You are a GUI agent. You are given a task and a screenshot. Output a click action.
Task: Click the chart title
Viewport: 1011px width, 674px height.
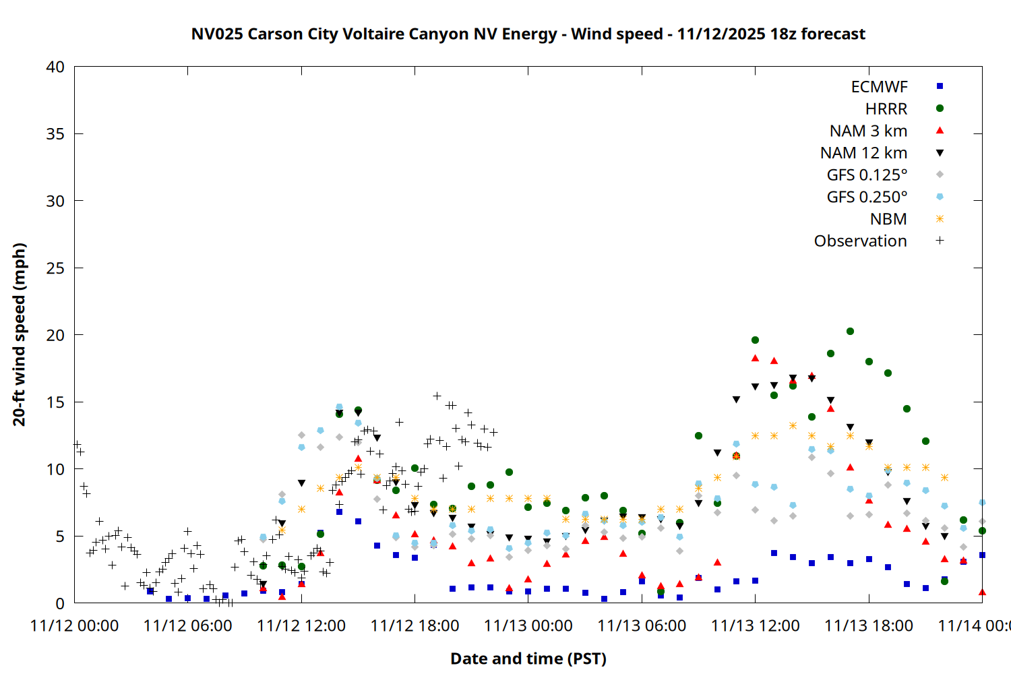pyautogui.click(x=528, y=34)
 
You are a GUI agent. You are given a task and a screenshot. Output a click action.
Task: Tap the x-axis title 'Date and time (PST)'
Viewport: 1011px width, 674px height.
pyautogui.click(x=528, y=658)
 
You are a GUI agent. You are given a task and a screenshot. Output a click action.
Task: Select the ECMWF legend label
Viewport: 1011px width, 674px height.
pyautogui.click(x=879, y=87)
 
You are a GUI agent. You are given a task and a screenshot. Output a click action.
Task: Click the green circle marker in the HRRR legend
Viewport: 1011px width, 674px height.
pyautogui.click(x=940, y=109)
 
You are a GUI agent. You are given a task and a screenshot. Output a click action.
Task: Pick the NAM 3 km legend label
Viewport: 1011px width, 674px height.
pyautogui.click(x=868, y=131)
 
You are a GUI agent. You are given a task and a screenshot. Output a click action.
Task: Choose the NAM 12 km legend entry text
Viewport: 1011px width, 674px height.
pyautogui.click(x=863, y=153)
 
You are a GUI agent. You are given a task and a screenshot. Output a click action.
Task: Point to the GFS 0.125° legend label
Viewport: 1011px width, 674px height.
pyautogui.click(x=867, y=175)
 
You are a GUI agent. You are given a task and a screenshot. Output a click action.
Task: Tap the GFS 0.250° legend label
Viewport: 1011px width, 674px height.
pyautogui.click(x=867, y=197)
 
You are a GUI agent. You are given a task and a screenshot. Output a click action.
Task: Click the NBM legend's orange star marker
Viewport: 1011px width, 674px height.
pyautogui.click(x=940, y=219)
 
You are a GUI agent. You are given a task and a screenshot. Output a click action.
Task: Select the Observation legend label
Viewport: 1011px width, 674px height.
pyautogui.click(x=860, y=241)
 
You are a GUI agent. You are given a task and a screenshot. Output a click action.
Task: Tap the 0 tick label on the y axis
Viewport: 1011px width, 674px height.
pyautogui.click(x=60, y=603)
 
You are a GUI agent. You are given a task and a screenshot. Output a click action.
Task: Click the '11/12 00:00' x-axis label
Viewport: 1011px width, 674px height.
pyautogui.click(x=74, y=625)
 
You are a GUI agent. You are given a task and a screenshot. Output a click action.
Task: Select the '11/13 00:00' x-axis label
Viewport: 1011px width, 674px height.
pyautogui.click(x=528, y=625)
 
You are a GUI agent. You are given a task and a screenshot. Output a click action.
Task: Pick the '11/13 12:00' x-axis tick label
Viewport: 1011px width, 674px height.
pyautogui.click(x=755, y=625)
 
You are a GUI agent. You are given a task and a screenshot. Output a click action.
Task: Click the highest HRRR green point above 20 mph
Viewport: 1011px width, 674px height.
pyautogui.click(x=850, y=332)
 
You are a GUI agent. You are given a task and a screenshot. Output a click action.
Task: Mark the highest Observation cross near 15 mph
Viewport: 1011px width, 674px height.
pyautogui.click(x=437, y=396)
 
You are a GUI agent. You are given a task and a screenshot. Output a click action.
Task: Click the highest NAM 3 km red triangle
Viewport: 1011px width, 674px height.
pyautogui.click(x=755, y=359)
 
